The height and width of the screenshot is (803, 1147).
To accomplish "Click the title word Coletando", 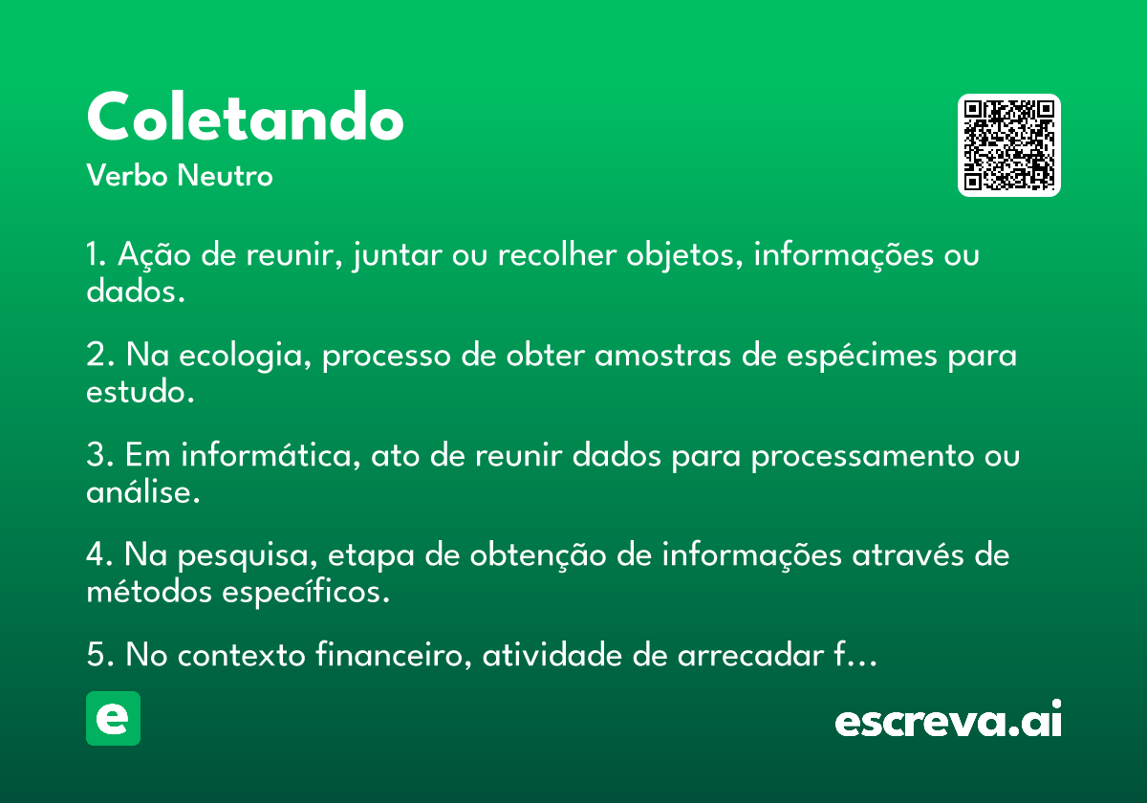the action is (x=246, y=117).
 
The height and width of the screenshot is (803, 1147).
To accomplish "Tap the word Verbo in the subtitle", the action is (x=127, y=175).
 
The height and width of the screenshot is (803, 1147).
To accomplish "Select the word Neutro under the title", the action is (x=225, y=175).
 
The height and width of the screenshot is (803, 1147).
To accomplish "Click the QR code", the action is (x=1008, y=145).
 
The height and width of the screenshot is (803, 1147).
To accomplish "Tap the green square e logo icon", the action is (x=113, y=718).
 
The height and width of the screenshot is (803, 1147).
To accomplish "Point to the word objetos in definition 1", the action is (x=684, y=255).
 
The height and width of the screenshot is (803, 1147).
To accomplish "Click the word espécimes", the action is (x=862, y=356).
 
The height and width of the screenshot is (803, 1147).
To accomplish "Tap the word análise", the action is (x=142, y=491).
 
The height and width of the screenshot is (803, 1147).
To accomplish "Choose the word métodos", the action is (x=149, y=592).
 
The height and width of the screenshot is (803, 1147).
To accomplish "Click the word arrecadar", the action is (x=750, y=655).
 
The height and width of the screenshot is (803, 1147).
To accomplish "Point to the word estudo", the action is (x=141, y=392).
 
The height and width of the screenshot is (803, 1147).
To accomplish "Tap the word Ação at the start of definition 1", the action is (x=154, y=255).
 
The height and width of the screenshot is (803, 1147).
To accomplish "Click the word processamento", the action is (x=862, y=456).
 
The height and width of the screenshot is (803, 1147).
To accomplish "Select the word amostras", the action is (x=662, y=356).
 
